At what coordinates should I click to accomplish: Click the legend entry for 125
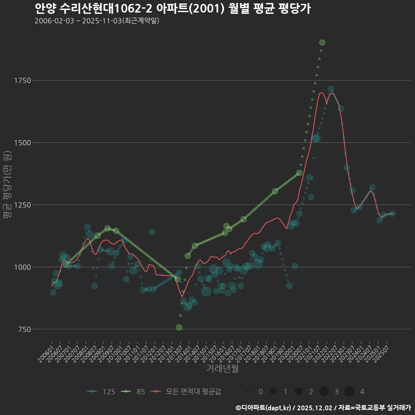tap(101, 392)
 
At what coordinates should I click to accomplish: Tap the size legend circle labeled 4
tap(349, 392)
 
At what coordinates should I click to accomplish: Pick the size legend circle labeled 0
tap(248, 392)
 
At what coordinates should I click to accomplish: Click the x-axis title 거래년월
tap(222, 369)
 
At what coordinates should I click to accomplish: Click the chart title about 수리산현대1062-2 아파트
tap(172, 8)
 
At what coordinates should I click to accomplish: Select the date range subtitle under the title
tap(97, 21)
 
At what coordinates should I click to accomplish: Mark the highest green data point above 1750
tap(322, 42)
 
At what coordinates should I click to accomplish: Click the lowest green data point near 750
tap(179, 327)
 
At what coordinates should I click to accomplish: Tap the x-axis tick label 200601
tap(46, 352)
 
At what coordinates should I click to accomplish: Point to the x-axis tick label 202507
tap(384, 352)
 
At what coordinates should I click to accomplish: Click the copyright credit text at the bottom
tap(323, 408)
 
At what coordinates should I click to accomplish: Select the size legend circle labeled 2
tap(298, 392)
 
